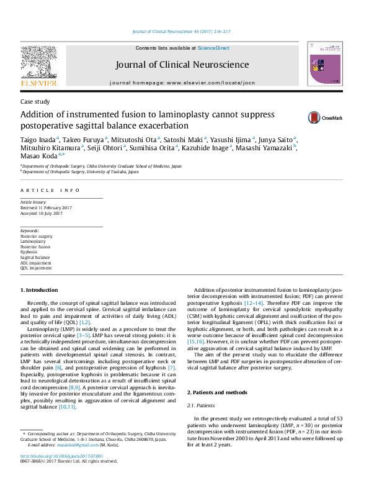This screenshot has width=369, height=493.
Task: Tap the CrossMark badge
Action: [x=322, y=117]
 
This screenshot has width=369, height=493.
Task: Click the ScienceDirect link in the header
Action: [x=213, y=48]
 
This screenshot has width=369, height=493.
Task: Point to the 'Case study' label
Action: [x=35, y=101]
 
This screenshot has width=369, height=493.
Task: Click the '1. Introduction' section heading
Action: [x=40, y=290]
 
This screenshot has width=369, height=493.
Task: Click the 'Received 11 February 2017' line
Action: [x=47, y=208]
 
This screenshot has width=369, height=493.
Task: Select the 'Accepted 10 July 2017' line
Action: [x=43, y=213]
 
